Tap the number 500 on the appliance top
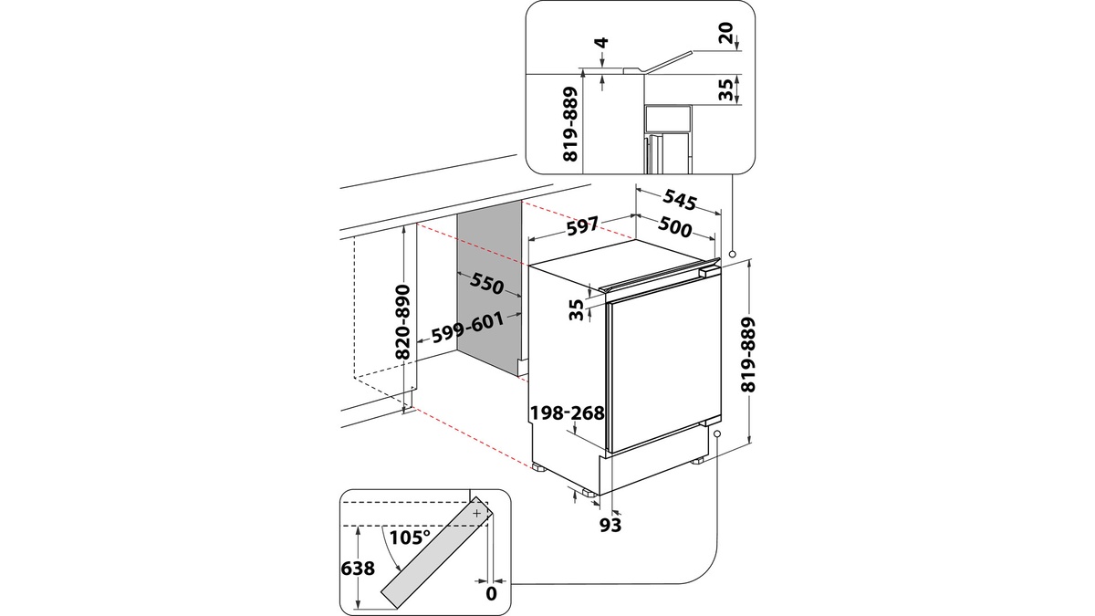pyautogui.click(x=674, y=229)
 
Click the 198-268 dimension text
pyautogui.click(x=568, y=413)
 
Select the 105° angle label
pyautogui.click(x=409, y=537)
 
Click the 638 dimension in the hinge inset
pyautogui.click(x=359, y=569)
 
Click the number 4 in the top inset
pyautogui.click(x=601, y=43)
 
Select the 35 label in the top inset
pyautogui.click(x=725, y=89)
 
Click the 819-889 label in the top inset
pyautogui.click(x=571, y=125)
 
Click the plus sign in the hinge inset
pyautogui.click(x=476, y=514)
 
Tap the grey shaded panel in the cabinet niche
pyautogui.click(x=489, y=292)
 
